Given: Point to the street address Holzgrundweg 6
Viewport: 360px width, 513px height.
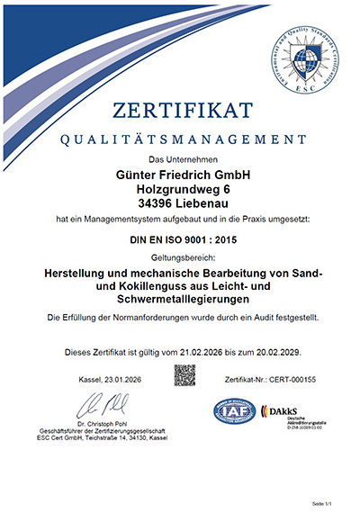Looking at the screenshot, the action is point(181,189).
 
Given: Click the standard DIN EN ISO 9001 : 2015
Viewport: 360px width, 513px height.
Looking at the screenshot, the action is point(181,240).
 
